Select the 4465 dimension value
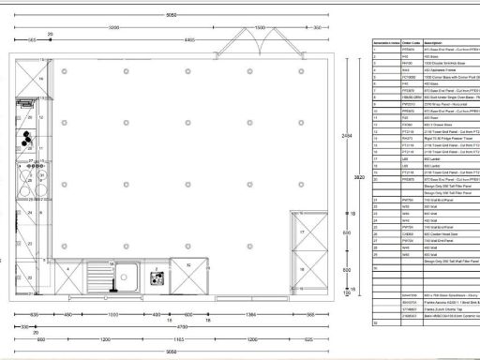pos(189,40)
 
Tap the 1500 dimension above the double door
pos(260,28)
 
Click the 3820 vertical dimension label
pos(357,176)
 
